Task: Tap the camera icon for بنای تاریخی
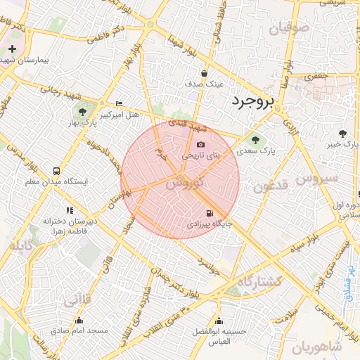[x=201, y=144]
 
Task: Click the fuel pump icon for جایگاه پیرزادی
[x=208, y=213]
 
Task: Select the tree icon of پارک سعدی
[x=255, y=139]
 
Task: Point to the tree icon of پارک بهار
[x=83, y=111]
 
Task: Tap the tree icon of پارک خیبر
[x=342, y=133]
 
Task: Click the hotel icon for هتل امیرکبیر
[x=118, y=103]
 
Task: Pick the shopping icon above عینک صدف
[x=205, y=72]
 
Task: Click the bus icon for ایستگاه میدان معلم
[x=56, y=171]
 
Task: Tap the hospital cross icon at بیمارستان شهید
[x=13, y=49]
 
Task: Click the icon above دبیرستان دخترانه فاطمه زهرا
[x=69, y=210]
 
